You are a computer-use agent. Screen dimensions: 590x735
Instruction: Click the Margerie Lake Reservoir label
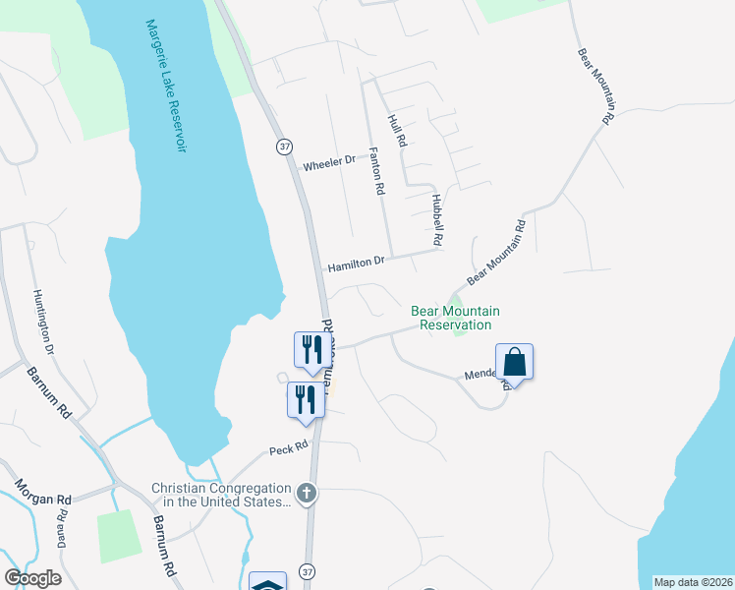point(164,87)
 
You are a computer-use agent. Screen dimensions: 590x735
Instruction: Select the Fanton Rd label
point(375,172)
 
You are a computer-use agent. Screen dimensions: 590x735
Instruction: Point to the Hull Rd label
point(398,131)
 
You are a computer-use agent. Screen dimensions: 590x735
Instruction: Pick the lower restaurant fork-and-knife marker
point(305,399)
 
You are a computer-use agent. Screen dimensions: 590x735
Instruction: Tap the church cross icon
point(307,493)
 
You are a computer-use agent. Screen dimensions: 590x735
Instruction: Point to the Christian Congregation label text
point(221,495)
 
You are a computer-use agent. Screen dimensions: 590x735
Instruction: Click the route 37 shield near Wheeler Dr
point(285,147)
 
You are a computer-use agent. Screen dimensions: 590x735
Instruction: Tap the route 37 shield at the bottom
point(308,571)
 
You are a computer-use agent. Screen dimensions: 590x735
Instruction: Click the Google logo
point(32,578)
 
